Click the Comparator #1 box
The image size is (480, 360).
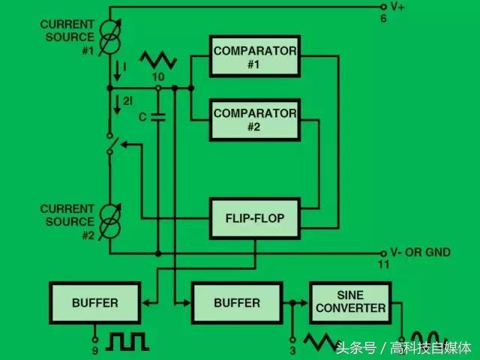coord(255,57)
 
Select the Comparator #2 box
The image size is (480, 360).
coord(255,119)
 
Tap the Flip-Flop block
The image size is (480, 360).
coord(255,218)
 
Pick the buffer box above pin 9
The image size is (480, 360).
coord(95,303)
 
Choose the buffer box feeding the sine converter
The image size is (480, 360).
coord(237,303)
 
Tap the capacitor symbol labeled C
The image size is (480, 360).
coord(157,117)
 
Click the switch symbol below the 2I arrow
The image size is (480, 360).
coord(111,145)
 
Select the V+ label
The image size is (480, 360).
coord(397,7)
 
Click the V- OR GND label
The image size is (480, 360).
coord(420,253)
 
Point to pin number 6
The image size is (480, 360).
coord(383,19)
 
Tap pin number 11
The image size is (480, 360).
coord(383,265)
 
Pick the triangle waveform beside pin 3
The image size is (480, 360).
coord(322,343)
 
